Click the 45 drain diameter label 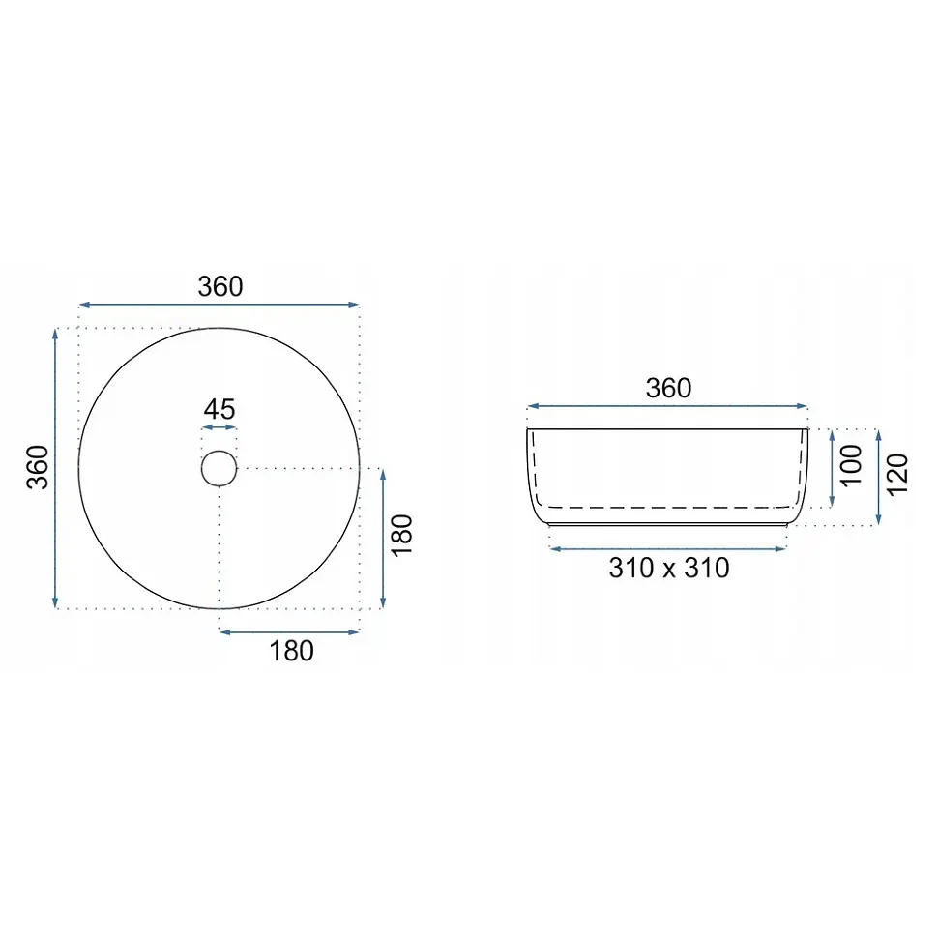(219, 409)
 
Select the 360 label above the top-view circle (220, 286)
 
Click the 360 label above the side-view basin (668, 388)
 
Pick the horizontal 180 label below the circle (291, 651)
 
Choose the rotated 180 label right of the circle (402, 536)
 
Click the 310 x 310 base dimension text (669, 568)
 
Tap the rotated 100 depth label (851, 465)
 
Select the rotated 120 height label (897, 475)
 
